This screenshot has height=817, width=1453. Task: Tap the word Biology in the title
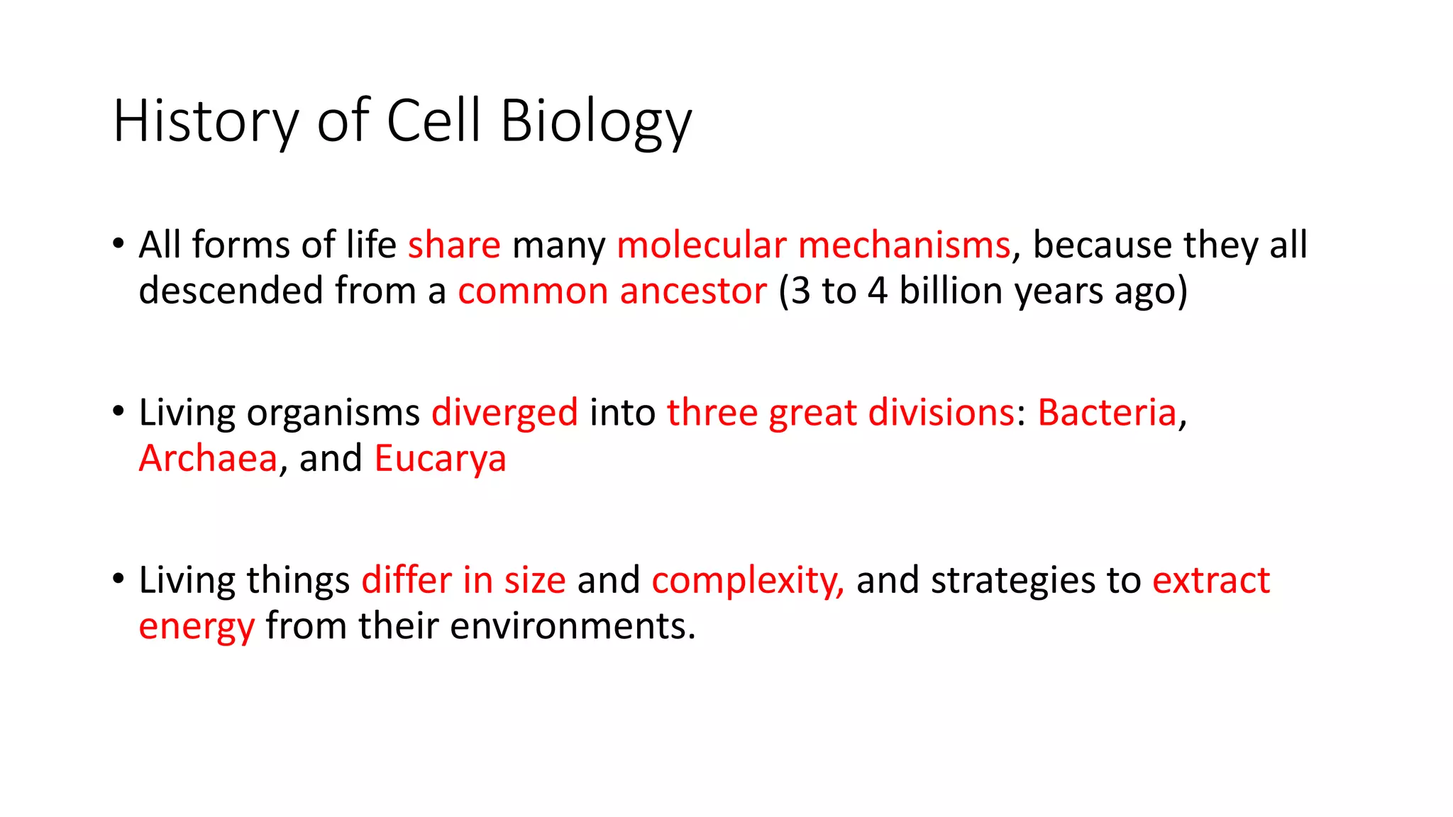[595, 121]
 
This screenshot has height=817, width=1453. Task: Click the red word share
[454, 245]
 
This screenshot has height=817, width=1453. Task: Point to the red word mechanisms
[904, 245]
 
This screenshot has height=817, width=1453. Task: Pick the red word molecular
[701, 245]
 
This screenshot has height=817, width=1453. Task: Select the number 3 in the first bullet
[800, 291]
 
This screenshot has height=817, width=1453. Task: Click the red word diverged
[504, 413]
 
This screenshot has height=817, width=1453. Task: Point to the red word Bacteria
[1107, 413]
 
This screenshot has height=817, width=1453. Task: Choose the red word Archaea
[208, 458]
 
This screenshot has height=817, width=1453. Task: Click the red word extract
[1210, 580]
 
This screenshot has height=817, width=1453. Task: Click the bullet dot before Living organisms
[118, 411]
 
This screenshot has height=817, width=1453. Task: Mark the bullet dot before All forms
[118, 243]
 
